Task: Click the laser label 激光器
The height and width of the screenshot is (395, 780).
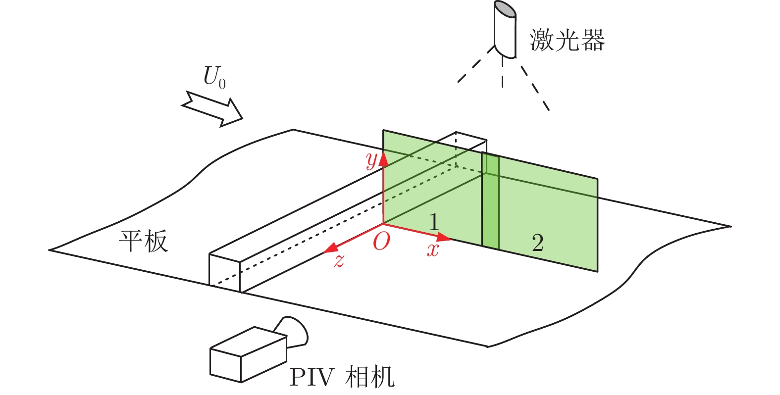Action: (x=567, y=40)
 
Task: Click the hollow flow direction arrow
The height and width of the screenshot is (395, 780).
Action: (x=212, y=108)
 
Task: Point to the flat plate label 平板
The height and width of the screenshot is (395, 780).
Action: (x=143, y=241)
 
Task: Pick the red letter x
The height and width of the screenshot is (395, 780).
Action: (x=433, y=249)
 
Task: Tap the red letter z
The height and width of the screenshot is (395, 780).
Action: (x=339, y=260)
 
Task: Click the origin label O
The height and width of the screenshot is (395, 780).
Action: (x=381, y=242)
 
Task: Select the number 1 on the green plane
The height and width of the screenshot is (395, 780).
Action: (x=434, y=222)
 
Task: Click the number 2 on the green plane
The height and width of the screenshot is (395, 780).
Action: (x=538, y=243)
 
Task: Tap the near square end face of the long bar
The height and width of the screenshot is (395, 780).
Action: (x=225, y=272)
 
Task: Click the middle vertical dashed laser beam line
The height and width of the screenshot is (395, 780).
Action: (x=503, y=74)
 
